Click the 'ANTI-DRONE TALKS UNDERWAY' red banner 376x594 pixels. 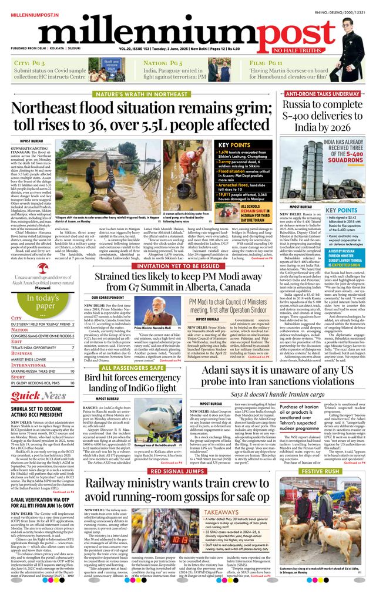[x=323, y=94]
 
